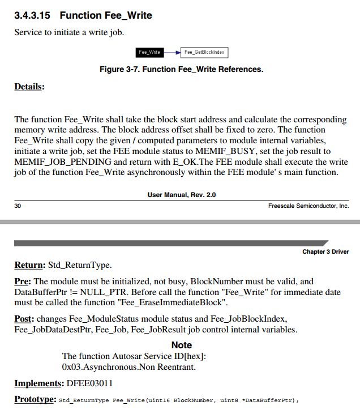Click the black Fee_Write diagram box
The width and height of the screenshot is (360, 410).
pyautogui.click(x=149, y=53)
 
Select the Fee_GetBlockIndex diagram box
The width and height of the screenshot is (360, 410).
pyautogui.click(x=204, y=53)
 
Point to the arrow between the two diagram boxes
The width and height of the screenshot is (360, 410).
pyautogui.click(x=172, y=53)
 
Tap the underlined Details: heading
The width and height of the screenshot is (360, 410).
pyautogui.click(x=29, y=87)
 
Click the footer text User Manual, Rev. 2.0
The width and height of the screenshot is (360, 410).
pyautogui.click(x=181, y=195)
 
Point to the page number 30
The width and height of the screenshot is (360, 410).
pyautogui.click(x=18, y=206)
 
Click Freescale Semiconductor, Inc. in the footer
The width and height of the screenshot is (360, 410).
pyautogui.click(x=308, y=206)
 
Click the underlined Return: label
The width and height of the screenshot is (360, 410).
pyautogui.click(x=29, y=265)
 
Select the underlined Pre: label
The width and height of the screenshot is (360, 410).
pyautogui.click(x=23, y=281)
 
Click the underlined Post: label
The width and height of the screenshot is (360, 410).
pyautogui.click(x=25, y=318)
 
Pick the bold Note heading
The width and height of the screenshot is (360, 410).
pyautogui.click(x=181, y=345)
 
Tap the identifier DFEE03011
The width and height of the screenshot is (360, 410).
pyautogui.click(x=91, y=383)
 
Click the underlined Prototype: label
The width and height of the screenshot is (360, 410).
pyautogui.click(x=35, y=399)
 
